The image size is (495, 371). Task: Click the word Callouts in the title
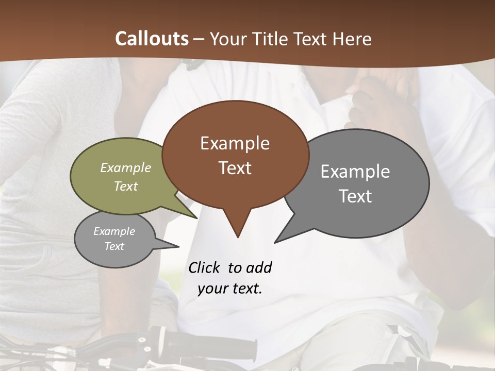(x=152, y=39)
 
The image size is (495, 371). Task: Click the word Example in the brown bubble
(x=235, y=143)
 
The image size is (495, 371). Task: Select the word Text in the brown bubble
(x=235, y=168)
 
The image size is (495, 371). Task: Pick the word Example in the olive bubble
(x=126, y=167)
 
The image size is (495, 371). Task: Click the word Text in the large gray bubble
(x=355, y=196)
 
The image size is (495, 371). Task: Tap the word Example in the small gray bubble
(x=114, y=231)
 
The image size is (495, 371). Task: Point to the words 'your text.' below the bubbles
(x=230, y=289)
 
